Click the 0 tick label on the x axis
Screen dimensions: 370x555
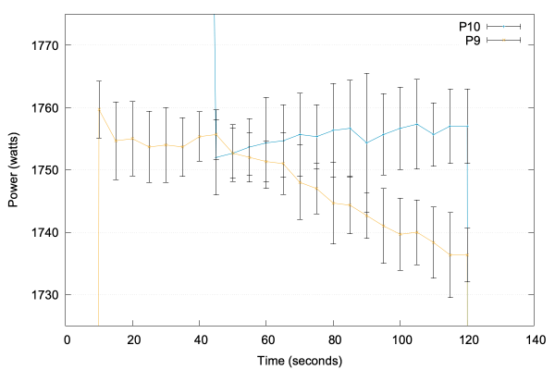[x=66, y=339]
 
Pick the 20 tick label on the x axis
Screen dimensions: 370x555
[x=132, y=339]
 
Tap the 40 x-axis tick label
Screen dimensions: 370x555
[x=199, y=339]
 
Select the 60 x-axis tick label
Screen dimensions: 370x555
[x=266, y=339]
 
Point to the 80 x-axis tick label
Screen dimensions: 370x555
[x=333, y=339]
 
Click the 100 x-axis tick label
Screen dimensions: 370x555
[x=400, y=339]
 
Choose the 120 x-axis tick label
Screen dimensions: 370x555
[x=467, y=339]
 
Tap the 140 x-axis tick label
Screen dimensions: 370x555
[x=534, y=339]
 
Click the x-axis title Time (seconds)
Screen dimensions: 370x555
[x=300, y=359]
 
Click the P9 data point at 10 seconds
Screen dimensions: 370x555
[x=99, y=109]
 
